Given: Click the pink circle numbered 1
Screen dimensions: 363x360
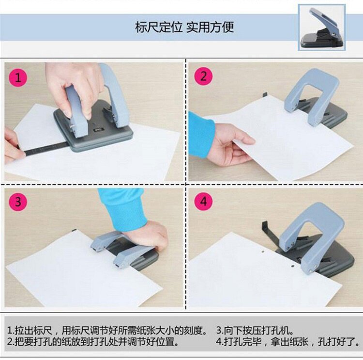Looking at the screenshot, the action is (18, 77).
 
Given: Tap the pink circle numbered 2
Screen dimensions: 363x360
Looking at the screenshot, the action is (203, 76).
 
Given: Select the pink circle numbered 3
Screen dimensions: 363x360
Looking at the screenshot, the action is (18, 202).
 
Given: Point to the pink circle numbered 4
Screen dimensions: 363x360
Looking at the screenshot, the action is (203, 201).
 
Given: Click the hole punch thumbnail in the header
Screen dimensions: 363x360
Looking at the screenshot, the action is (322, 27).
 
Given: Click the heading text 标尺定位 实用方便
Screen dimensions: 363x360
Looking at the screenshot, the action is (184, 27).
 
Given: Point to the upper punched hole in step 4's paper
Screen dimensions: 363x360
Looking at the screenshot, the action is (263, 251).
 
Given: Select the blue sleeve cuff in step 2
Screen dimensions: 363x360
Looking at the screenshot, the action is (201, 136).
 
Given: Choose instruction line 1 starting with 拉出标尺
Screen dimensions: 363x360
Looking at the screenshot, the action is (107, 330).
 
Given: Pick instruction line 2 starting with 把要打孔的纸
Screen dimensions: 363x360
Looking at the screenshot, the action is (93, 342).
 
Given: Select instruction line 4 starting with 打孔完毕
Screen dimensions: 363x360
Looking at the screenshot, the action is (288, 342).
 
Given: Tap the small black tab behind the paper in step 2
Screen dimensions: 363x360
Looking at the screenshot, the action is (265, 95).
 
